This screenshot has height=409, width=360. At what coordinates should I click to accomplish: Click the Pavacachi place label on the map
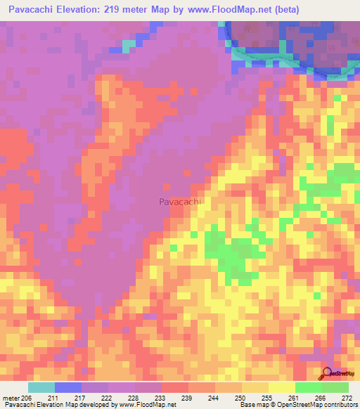[180, 202]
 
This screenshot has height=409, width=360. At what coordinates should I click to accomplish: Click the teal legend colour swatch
[41, 387]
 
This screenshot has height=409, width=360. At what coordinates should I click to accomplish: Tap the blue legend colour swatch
[68, 387]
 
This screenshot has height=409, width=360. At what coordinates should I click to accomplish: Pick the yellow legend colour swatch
[282, 387]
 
